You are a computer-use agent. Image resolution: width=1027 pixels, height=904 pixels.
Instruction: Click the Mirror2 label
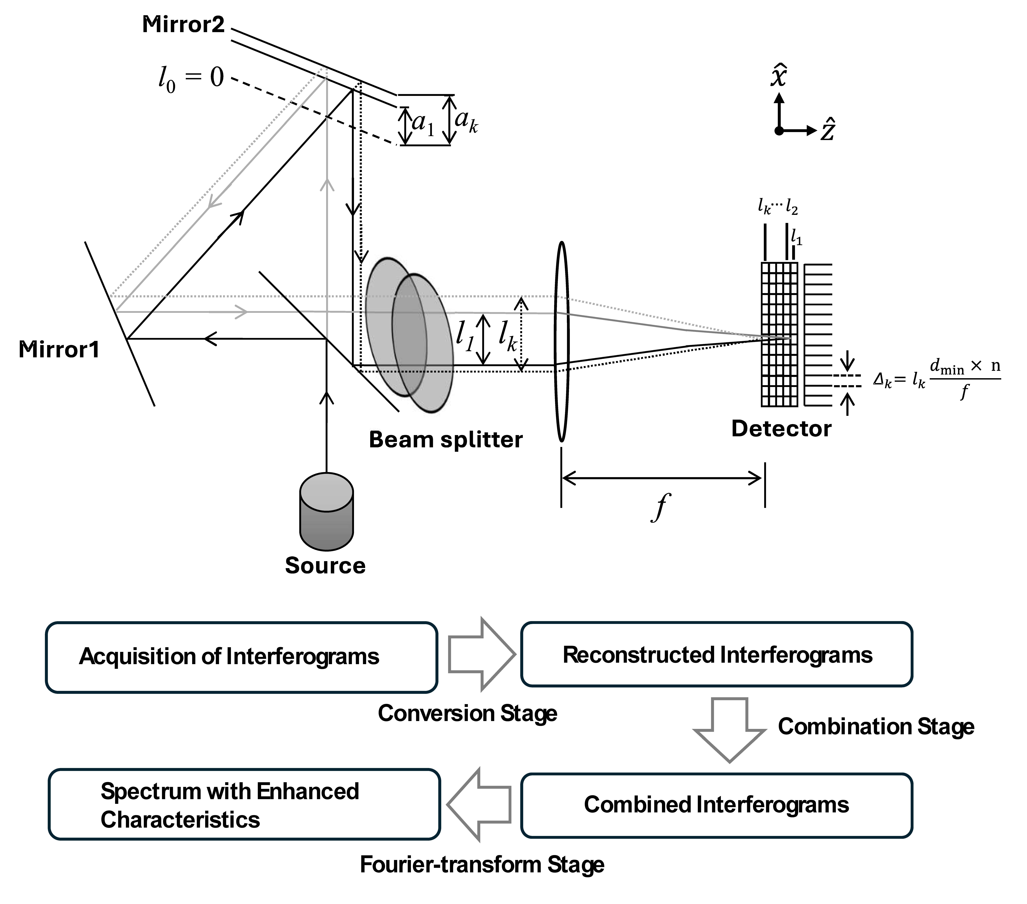[183, 25]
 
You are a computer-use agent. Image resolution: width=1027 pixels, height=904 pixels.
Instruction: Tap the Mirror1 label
[59, 349]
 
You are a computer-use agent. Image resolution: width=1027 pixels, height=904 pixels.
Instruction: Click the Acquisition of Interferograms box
[242, 657]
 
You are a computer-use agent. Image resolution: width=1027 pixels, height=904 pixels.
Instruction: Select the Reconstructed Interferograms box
[716, 654]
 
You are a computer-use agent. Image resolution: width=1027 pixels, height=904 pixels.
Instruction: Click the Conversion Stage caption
[467, 713]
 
